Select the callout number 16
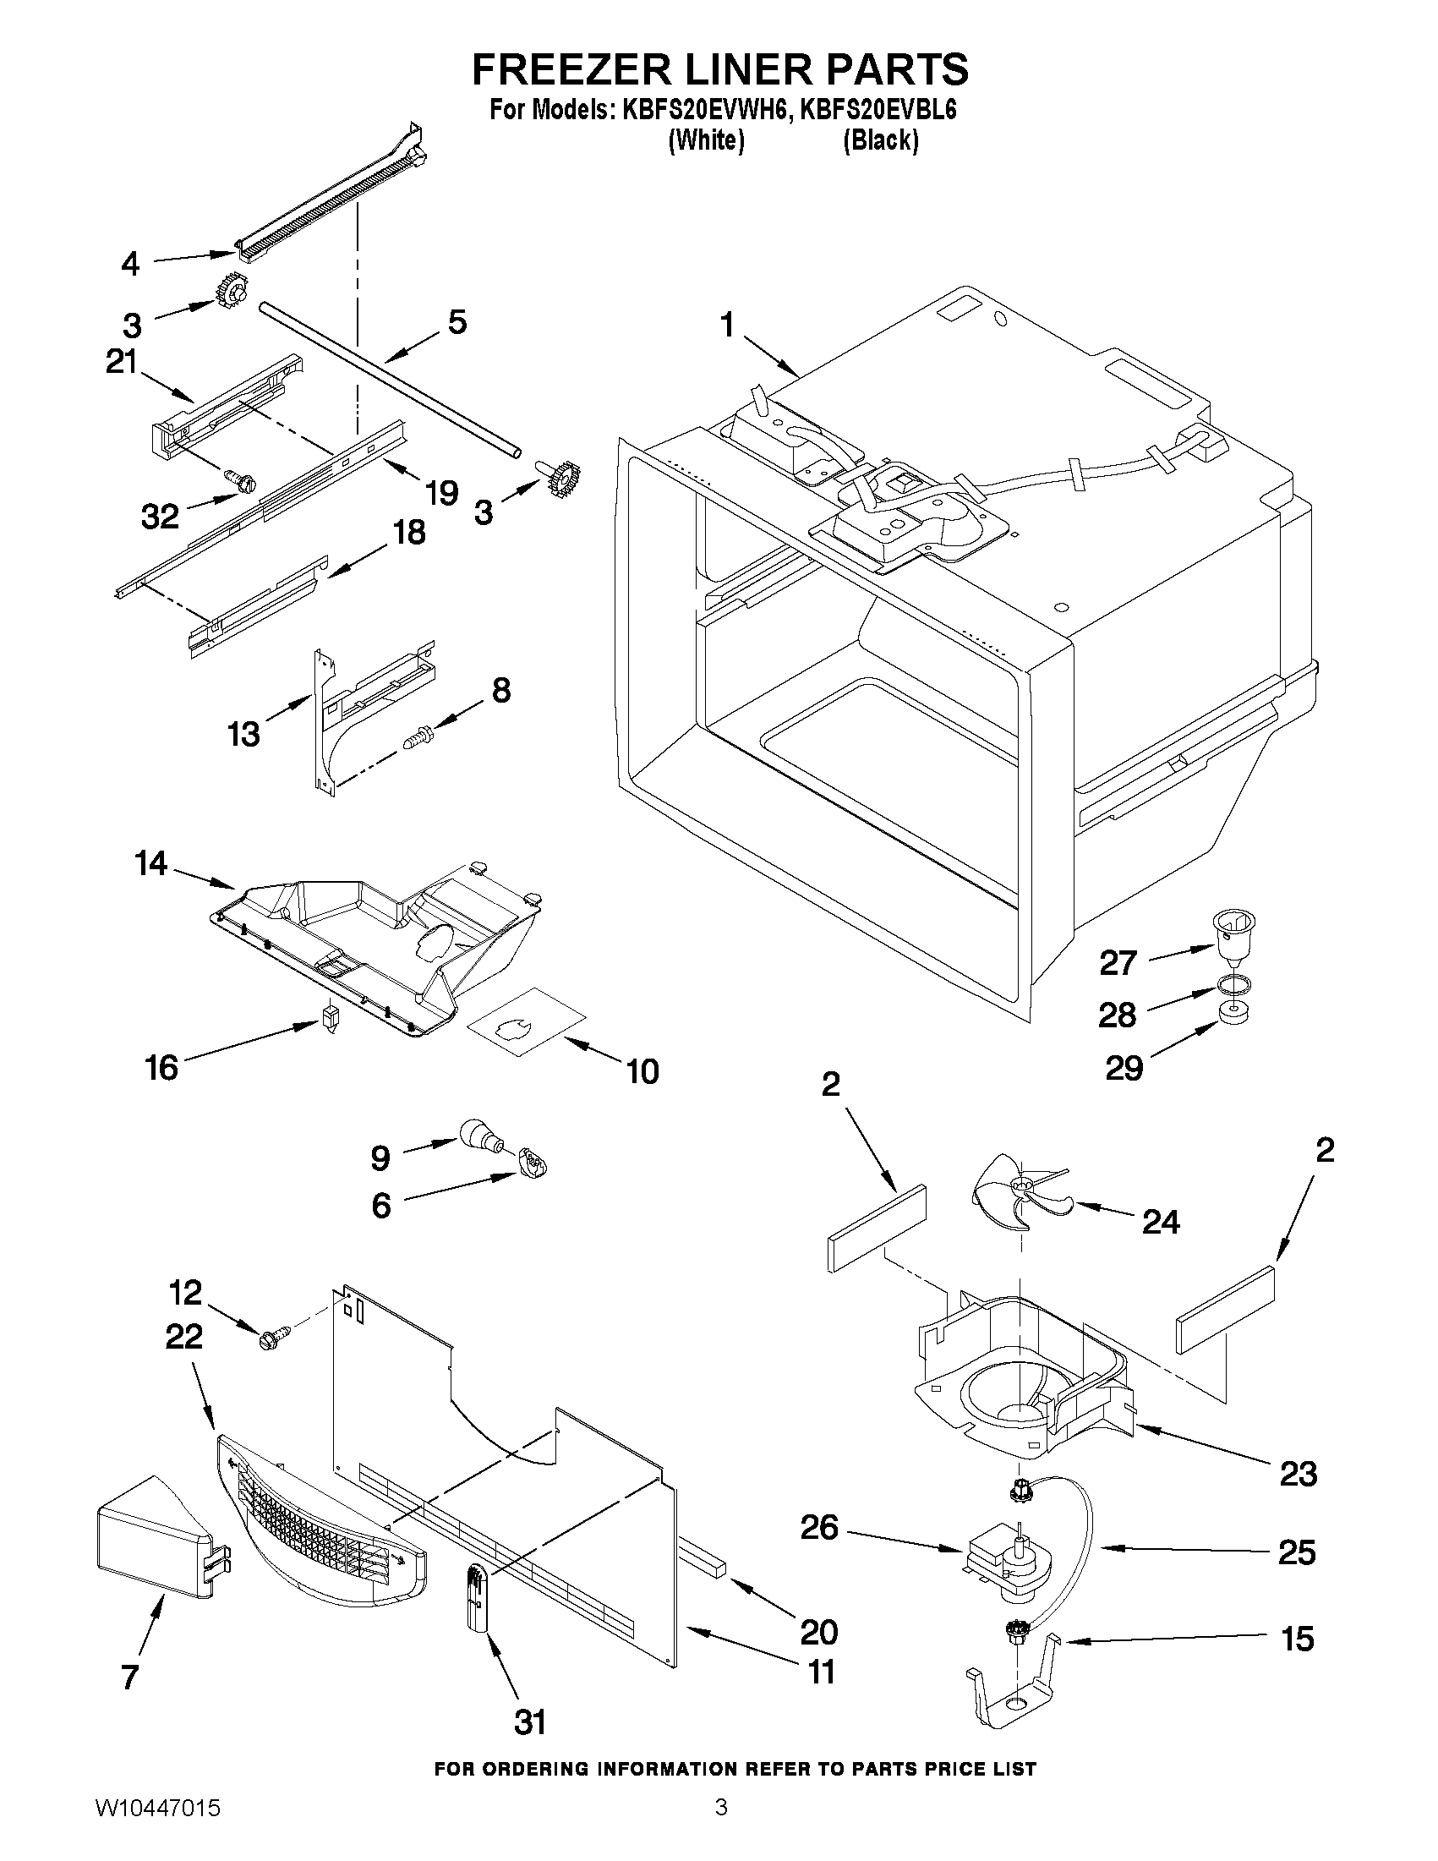[x=161, y=1067]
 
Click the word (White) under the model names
[x=706, y=140]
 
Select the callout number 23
[x=1298, y=1472]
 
